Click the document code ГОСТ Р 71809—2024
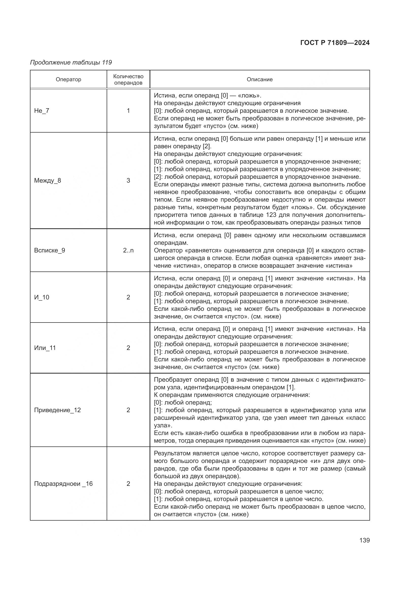[335, 43]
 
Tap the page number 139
[364, 540]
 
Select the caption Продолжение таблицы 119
[71, 62]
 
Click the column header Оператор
[69, 79]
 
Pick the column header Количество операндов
[128, 79]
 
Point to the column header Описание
[260, 79]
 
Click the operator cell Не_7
[42, 111]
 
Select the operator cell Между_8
[47, 181]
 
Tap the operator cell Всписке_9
[50, 250]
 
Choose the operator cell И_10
[42, 297]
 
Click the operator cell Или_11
[45, 348]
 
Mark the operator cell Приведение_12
[57, 410]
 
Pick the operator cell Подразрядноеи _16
[63, 484]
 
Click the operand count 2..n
[128, 250]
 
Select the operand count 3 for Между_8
[128, 181]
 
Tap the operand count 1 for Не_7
[128, 111]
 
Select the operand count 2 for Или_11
[128, 348]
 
